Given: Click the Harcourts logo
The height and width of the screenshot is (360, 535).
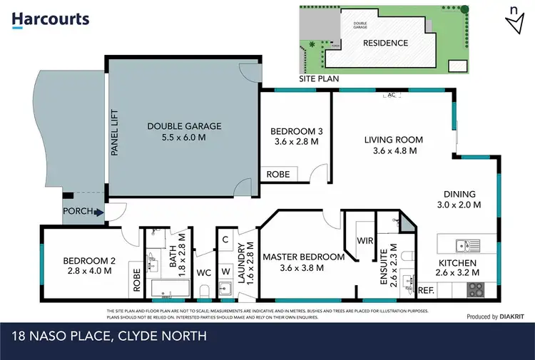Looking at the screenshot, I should coord(51,20).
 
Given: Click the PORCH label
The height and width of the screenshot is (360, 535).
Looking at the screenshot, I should coord(77,211).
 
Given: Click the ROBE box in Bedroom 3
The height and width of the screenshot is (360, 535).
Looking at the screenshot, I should coord(277,174).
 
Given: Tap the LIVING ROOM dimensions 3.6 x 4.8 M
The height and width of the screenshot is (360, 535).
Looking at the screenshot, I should coord(394,150).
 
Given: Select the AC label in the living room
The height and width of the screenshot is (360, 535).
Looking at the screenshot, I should coord(390,94).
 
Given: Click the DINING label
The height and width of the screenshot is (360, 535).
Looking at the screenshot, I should coord(459,194).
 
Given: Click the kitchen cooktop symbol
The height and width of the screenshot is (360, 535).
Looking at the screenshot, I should coord(474,289).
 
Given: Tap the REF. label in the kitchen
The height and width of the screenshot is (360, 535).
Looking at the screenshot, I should coord(426,290).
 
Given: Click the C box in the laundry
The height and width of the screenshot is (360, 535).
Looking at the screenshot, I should coord(225,240).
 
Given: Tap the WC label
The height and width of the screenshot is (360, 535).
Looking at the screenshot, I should coord(204,272).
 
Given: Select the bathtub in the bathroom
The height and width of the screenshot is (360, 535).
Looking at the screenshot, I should coord(170,289).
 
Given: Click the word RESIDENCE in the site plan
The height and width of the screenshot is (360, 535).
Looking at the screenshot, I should coord(386,43).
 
